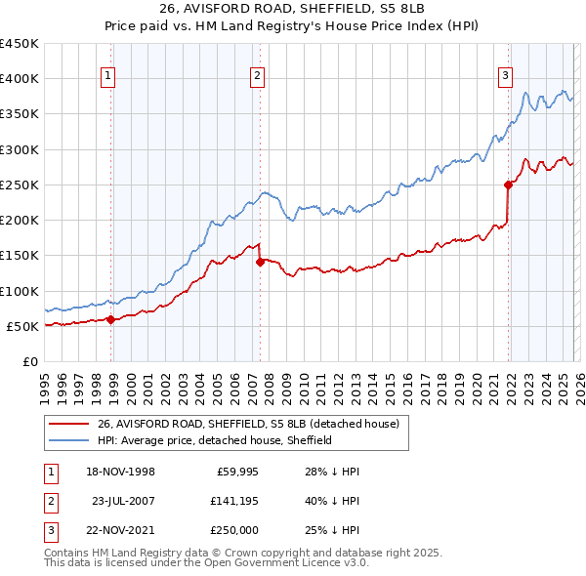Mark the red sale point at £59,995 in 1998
click(x=111, y=318)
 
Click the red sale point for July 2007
click(x=261, y=262)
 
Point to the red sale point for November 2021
click(x=508, y=185)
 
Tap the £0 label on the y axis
click(x=29, y=361)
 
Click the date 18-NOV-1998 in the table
click(x=122, y=472)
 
